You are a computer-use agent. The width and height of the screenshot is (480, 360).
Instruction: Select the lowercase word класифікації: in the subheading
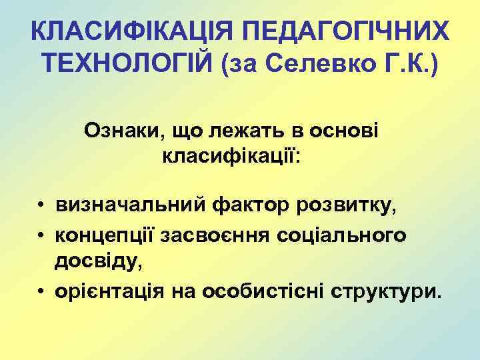[x=231, y=158]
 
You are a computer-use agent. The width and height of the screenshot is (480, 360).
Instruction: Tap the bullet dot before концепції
[x=41, y=234]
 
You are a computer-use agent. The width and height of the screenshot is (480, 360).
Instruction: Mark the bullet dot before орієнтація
[x=41, y=292]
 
